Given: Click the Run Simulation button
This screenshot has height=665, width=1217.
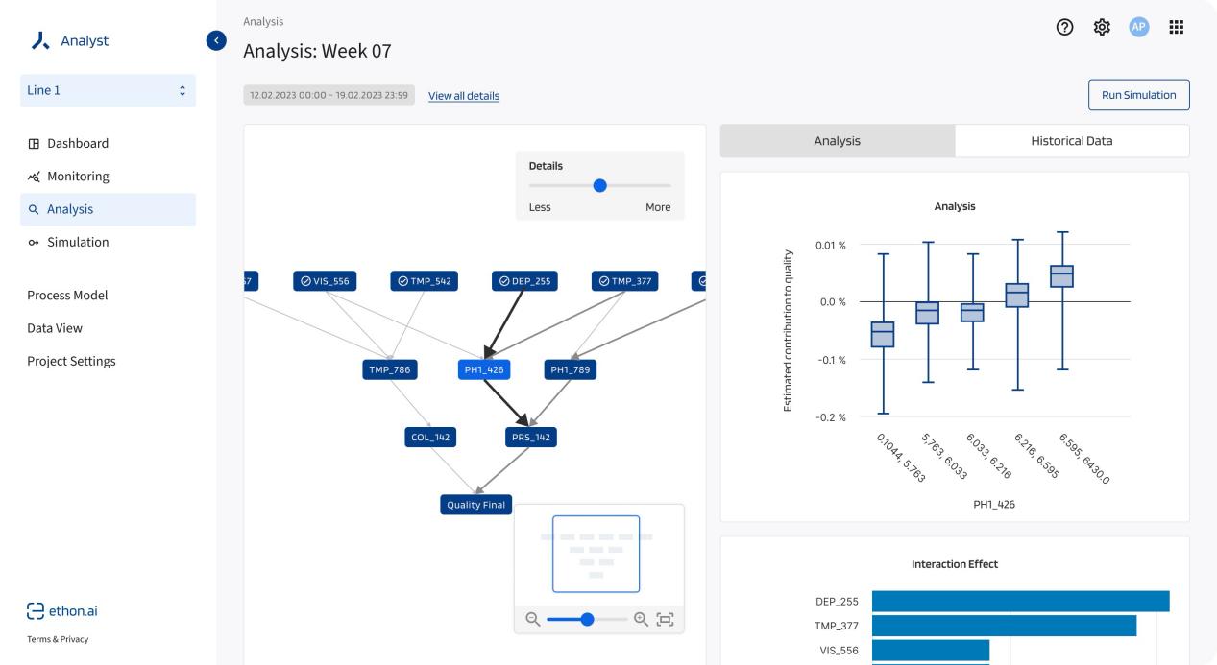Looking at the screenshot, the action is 1139,95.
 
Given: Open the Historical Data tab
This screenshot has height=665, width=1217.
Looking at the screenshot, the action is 1072,141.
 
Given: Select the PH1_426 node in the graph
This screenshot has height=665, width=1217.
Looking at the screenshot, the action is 484,369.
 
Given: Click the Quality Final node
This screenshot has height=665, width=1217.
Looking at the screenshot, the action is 475,505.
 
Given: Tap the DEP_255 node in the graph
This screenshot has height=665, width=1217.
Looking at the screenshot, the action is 524,281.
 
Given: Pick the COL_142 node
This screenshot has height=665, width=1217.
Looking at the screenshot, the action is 430,437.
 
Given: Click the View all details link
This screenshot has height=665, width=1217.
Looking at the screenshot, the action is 464,96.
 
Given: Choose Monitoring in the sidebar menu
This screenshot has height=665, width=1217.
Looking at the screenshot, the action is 78,177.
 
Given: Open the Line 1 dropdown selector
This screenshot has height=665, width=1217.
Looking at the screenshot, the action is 109,90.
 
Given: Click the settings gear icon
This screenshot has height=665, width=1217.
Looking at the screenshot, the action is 1102,27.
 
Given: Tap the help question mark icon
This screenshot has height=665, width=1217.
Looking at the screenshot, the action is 1065,27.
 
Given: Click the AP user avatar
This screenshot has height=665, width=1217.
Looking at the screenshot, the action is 1139,27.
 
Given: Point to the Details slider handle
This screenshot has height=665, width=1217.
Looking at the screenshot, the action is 599,185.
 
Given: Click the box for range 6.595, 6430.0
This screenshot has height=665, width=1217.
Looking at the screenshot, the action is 1061,276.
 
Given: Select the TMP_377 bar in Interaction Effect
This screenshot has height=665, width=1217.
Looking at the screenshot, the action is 1004,626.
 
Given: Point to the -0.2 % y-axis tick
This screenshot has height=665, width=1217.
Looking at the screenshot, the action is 831,417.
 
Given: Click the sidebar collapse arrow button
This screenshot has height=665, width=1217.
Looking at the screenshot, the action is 216,40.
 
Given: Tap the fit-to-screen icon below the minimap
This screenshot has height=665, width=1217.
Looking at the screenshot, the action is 665,619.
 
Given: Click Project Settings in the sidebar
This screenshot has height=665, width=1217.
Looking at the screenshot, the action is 71,362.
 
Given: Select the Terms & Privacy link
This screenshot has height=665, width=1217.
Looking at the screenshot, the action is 58,639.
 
